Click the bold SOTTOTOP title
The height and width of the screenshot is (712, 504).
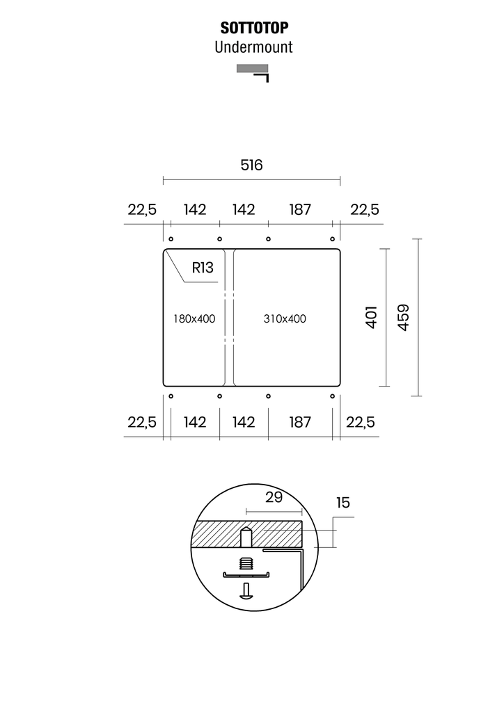254,28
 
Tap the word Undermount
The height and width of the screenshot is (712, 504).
253,47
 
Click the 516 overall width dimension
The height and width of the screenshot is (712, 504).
251,165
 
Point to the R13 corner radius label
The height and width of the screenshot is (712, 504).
203,268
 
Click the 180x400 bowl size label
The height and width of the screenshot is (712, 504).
194,318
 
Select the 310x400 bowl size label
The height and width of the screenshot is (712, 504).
285,318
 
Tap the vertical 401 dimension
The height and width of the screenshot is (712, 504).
371,317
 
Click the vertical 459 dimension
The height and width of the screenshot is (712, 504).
403,317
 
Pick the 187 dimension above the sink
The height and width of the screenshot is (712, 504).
300,210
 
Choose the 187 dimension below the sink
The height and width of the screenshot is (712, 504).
300,422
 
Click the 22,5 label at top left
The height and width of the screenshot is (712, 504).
142,210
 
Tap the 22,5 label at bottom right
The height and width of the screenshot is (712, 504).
361,422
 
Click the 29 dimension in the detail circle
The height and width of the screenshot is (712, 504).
274,497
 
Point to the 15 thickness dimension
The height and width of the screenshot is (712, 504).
343,503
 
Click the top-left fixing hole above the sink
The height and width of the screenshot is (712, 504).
171,239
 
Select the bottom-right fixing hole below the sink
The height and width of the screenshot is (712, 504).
332,396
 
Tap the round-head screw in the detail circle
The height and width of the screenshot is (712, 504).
246,591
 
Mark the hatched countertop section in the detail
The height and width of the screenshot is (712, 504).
246,533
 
